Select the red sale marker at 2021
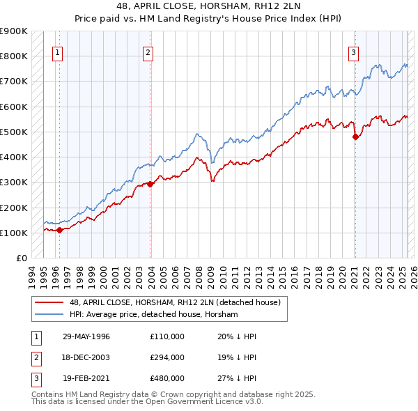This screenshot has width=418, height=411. (x=355, y=137)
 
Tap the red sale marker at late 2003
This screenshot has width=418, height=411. (x=150, y=184)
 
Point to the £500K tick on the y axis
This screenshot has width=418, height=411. (x=14, y=132)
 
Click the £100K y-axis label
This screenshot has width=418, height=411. (x=14, y=233)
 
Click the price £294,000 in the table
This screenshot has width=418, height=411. (x=167, y=357)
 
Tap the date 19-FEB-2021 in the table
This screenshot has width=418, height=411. (x=86, y=378)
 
